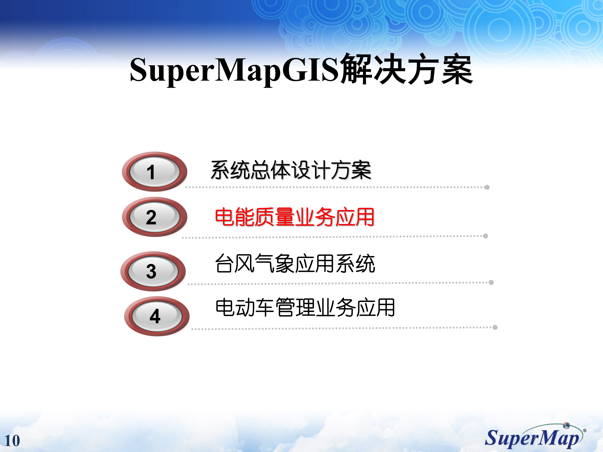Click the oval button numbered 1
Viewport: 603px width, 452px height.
(x=154, y=172)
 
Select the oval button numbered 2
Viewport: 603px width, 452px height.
(x=154, y=217)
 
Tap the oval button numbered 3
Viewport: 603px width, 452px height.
(x=153, y=271)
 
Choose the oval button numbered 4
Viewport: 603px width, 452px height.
(x=157, y=316)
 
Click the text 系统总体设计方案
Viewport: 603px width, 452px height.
(x=291, y=170)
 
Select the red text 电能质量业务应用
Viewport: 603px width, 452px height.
(x=294, y=217)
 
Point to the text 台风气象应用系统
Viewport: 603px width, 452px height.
(x=295, y=263)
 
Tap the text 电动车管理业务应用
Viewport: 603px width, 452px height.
(x=305, y=308)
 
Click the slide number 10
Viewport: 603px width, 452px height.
(x=12, y=441)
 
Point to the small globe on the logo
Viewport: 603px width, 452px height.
(x=566, y=426)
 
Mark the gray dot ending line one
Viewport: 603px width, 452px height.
(x=487, y=187)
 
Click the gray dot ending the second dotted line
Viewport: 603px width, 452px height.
(x=486, y=236)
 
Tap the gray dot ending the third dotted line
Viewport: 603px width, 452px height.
(x=491, y=282)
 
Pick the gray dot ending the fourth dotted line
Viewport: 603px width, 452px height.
(x=495, y=327)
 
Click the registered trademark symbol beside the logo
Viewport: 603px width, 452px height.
(x=584, y=430)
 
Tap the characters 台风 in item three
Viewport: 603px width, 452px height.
(x=235, y=263)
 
